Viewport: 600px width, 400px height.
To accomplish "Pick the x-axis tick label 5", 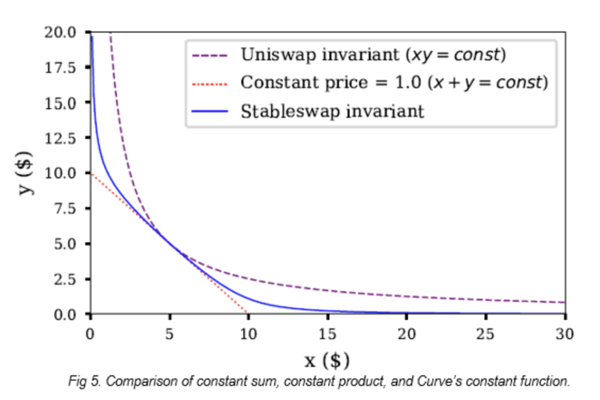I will coord(169,334).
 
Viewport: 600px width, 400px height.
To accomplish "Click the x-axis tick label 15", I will coord(327,334).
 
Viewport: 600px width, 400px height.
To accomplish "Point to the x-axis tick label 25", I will coord(485,334).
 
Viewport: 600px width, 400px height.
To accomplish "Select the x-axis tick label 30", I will coord(565,334).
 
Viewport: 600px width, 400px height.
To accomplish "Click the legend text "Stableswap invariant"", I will coord(333,111).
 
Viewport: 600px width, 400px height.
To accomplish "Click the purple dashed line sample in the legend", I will coord(210,55).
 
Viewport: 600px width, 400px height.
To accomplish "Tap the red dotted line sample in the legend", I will coord(210,83).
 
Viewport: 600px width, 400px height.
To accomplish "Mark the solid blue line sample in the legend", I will coord(210,111).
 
